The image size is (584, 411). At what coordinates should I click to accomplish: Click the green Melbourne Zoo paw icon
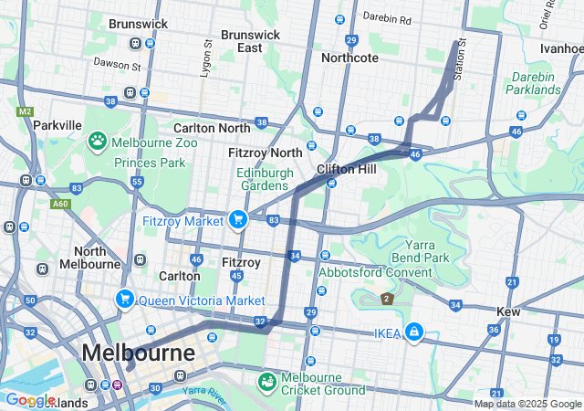coord(97,141)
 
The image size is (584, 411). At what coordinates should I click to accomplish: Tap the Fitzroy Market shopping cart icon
coord(238,219)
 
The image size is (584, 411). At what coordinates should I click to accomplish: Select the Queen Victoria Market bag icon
coord(125,299)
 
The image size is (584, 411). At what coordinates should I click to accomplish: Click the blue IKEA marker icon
coord(414,332)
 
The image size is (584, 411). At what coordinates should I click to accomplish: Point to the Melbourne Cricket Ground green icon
coord(268,380)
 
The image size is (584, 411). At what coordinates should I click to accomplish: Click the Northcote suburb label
coord(351,58)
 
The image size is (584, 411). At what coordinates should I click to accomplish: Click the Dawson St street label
coord(117,64)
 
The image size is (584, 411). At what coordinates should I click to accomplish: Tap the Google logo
coord(30,399)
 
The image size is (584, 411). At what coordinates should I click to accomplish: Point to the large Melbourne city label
coord(138,353)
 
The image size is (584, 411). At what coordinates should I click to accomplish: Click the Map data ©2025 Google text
coord(527,404)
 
